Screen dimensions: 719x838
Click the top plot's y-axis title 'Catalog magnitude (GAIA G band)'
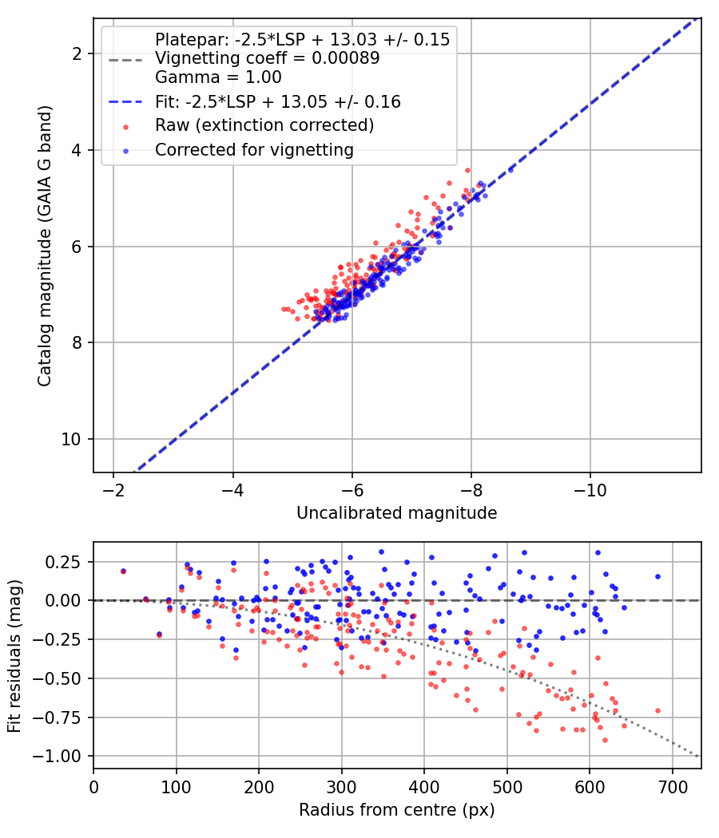coord(45,246)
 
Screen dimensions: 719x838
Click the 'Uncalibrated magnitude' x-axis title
coord(396,513)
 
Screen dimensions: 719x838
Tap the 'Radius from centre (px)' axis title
coord(396,810)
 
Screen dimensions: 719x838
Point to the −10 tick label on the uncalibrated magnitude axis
coord(590,490)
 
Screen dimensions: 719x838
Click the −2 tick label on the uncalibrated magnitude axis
coord(113,490)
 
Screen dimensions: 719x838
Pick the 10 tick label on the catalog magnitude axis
coord(70,439)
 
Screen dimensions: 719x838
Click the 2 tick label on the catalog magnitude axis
coord(75,54)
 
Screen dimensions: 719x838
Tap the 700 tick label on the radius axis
coord(672,787)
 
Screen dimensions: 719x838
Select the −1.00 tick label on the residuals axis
coord(58,757)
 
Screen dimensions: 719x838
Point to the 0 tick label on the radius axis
coord(93,787)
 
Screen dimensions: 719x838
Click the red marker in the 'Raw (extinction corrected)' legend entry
coord(125,127)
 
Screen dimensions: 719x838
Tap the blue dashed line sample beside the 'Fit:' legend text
coord(125,102)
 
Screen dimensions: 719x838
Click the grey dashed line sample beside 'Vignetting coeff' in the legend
coord(125,60)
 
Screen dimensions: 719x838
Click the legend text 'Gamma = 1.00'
coord(218,77)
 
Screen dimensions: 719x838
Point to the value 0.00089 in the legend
coord(346,58)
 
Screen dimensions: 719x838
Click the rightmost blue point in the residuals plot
coord(657,577)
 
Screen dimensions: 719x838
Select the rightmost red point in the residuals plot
coord(657,711)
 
